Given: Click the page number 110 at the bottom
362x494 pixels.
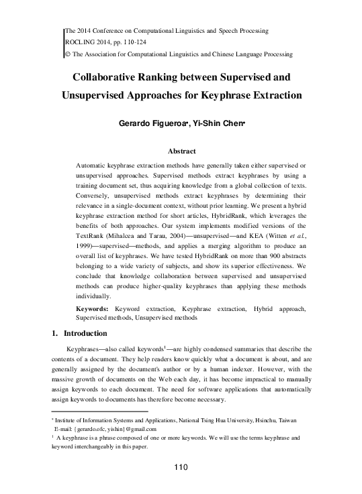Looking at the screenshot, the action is tap(181, 467).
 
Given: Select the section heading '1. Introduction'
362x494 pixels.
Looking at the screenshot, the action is tap(79, 333).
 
